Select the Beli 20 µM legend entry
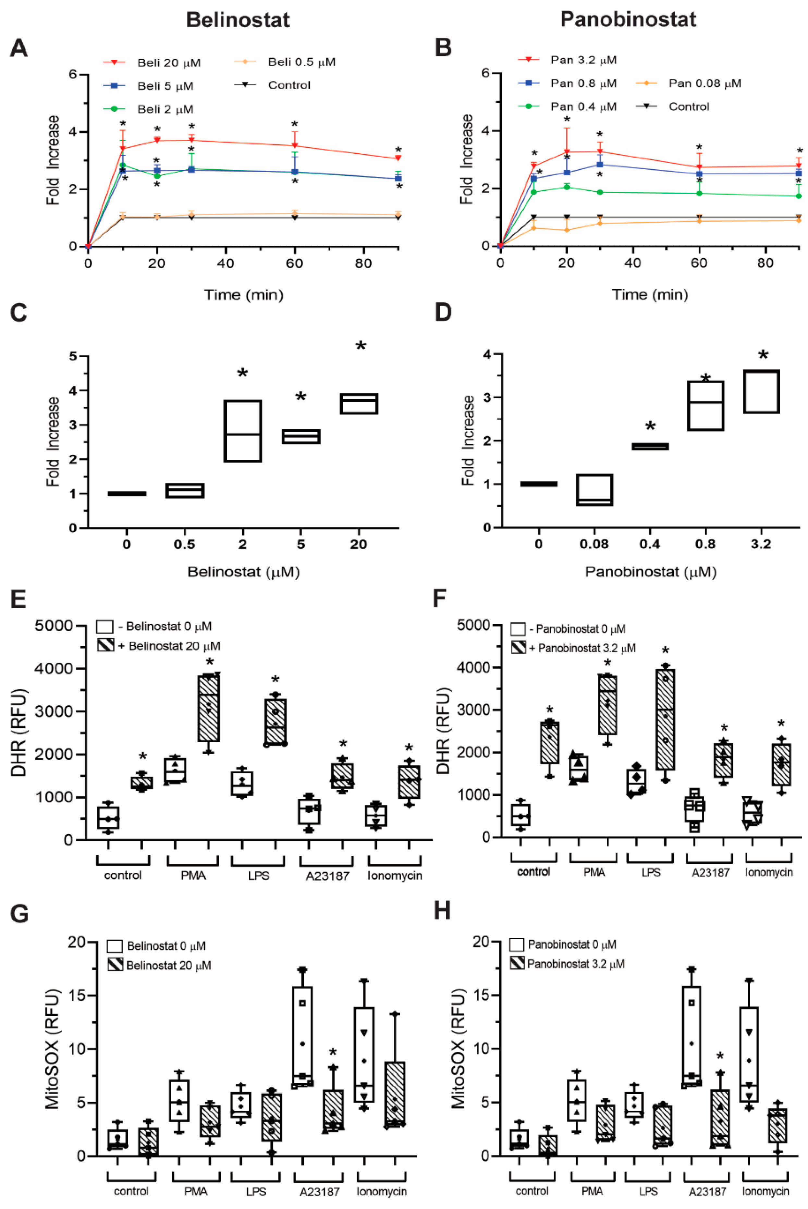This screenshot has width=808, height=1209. point(168,63)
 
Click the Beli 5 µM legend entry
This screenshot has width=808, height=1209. point(165,86)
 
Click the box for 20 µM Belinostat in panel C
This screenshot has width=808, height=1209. point(359,403)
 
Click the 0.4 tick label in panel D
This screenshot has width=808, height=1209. point(649,544)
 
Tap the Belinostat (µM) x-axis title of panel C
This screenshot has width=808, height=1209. point(243,572)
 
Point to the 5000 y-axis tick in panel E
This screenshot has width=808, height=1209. point(54,626)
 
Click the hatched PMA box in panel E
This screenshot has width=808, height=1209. point(209,708)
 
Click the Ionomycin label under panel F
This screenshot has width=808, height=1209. point(768,872)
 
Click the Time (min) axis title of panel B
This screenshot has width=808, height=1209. point(649,295)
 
